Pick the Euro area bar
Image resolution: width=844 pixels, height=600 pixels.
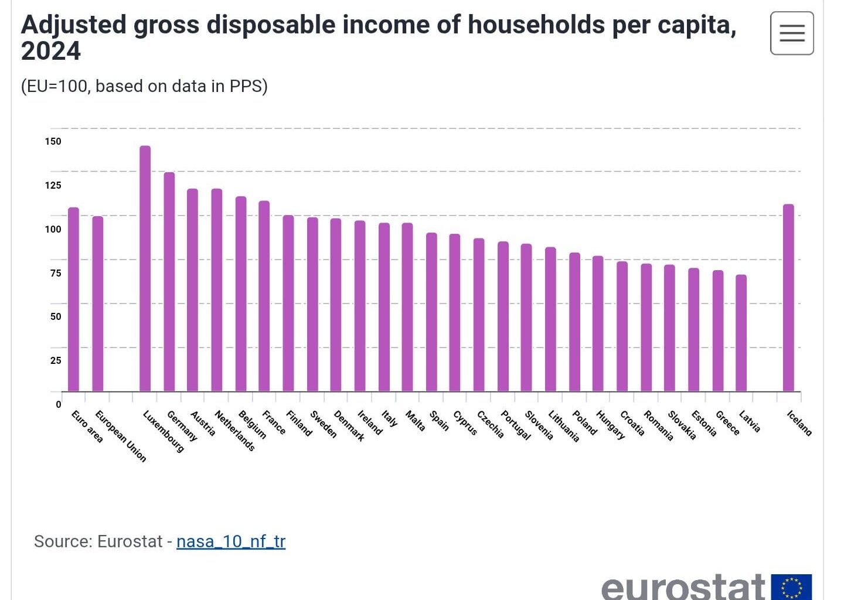pos(73,299)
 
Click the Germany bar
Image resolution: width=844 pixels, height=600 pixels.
pos(169,282)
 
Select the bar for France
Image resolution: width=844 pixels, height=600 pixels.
pos(264,296)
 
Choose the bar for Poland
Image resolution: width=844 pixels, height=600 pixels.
pos(574,322)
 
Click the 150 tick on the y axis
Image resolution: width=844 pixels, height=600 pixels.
pos(53,141)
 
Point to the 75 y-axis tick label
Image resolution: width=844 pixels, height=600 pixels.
pos(55,273)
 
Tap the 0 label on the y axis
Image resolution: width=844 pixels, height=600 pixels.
pos(58,404)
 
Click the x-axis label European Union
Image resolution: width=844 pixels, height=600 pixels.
pos(120,437)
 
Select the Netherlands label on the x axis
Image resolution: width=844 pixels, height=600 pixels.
pos(234,431)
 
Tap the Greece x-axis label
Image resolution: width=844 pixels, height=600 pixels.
pos(727,423)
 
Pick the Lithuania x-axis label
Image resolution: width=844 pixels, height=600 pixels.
pos(563,426)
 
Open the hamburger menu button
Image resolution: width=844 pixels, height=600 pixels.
pos(791,33)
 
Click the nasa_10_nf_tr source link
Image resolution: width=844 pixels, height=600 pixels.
pos(230,541)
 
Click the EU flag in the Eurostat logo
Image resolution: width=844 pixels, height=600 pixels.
pos(791,587)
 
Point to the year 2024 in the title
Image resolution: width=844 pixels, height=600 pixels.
pos(51,51)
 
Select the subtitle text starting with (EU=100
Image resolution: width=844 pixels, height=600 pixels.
pos(144,86)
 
